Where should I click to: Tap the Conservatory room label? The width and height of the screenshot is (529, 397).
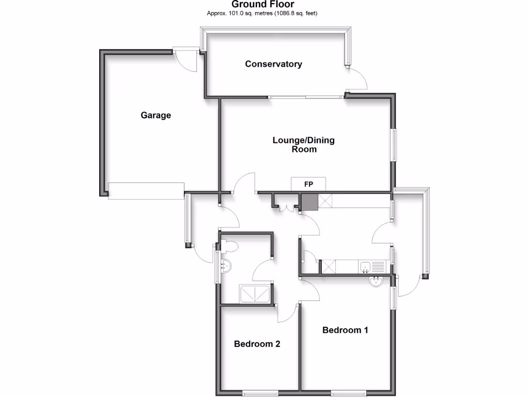(273, 64)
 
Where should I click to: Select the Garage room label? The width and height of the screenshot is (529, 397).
(155, 115)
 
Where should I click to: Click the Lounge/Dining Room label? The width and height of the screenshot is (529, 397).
(303, 145)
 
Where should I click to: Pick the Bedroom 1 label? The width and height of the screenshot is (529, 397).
(345, 330)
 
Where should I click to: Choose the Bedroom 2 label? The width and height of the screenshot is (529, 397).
(257, 344)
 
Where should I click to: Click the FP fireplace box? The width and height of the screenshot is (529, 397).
(308, 184)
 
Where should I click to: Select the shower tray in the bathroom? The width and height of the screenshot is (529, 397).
(255, 293)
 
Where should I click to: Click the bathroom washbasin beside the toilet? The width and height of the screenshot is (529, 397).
(226, 266)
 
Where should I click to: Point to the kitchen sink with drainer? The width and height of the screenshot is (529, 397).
(372, 267)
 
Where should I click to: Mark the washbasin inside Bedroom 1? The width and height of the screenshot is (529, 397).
(376, 281)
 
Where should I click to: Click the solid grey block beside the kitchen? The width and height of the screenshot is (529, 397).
(309, 202)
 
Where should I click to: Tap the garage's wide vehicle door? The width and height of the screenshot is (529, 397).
(146, 190)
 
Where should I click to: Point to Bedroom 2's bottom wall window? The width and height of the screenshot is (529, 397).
(261, 393)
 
